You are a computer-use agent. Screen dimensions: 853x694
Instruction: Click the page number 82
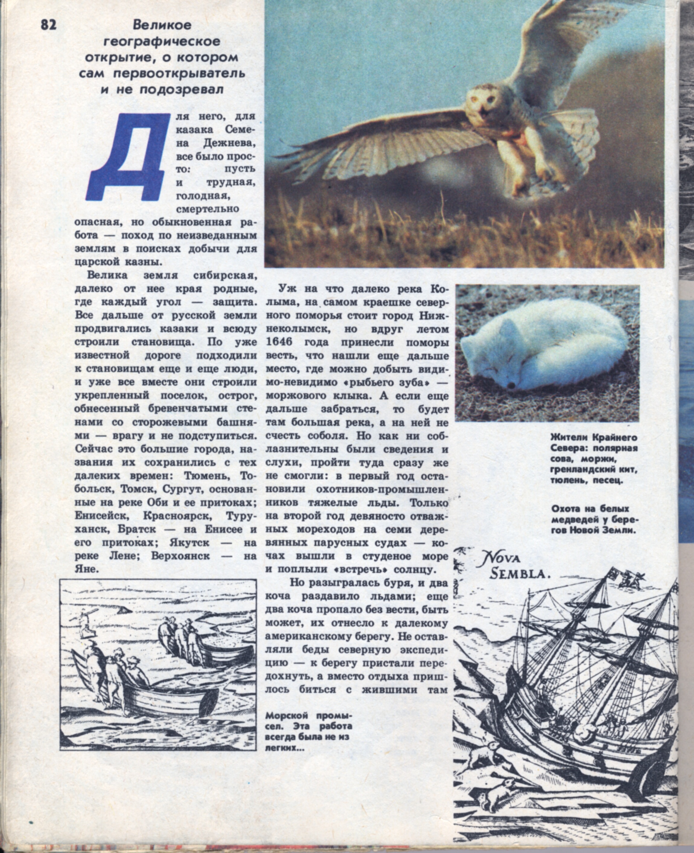point(48,25)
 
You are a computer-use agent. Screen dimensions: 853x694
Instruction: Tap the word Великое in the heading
point(162,25)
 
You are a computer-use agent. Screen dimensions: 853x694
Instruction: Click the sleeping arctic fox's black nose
point(511,385)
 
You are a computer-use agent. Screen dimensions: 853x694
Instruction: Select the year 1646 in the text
point(278,342)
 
